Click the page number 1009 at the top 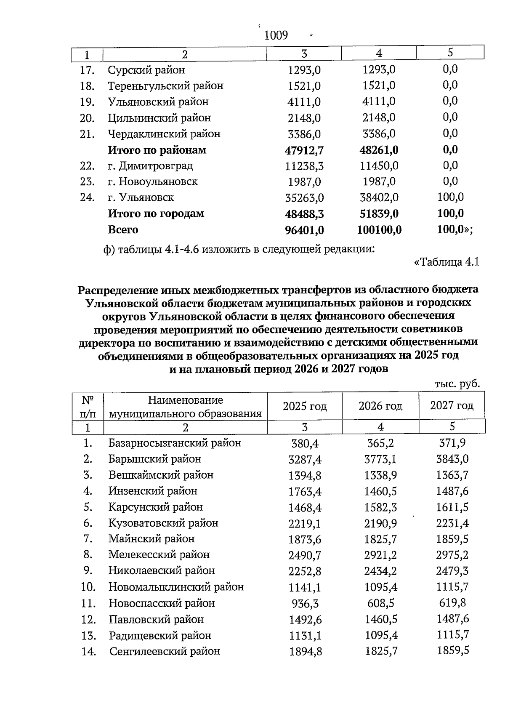(276, 35)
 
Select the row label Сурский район (146, 70)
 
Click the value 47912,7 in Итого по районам (304, 150)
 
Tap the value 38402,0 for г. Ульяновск (379, 197)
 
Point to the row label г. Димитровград (150, 166)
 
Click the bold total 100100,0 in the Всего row (379, 230)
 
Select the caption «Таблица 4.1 (447, 262)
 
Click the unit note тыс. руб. (457, 384)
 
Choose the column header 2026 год (380, 406)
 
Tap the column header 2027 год (452, 406)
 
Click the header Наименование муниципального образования (185, 407)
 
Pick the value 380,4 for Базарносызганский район (305, 443)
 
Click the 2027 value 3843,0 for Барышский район (452, 459)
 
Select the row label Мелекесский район (159, 555)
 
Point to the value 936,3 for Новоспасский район (305, 604)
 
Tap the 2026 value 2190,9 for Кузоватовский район (380, 524)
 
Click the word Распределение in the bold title (118, 290)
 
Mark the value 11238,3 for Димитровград (304, 166)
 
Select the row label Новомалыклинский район (176, 587)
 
